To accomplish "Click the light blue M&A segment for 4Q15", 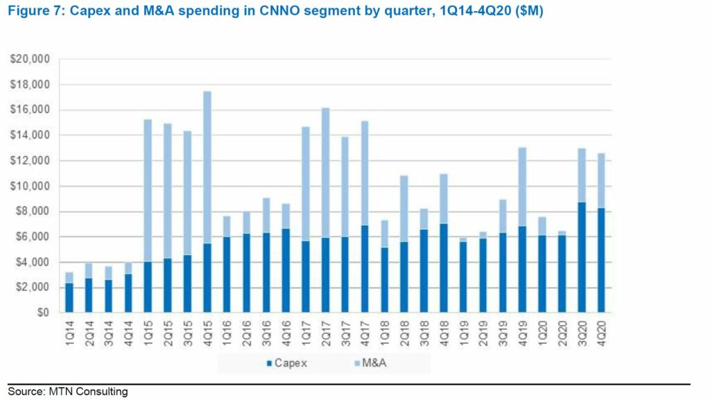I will (207, 167).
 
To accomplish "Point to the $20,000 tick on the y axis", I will (30, 60).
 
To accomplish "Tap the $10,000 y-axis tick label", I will (30, 186).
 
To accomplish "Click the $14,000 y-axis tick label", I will (30, 136).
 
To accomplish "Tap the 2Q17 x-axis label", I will (326, 335).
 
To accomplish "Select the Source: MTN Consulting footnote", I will (68, 392).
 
